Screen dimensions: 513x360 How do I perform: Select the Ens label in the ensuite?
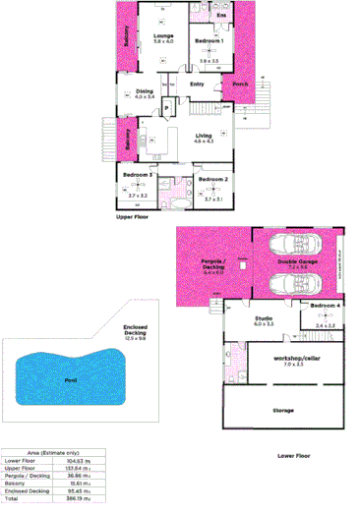[221, 17]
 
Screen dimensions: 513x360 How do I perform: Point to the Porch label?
[240, 85]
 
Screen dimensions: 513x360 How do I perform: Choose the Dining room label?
[145, 90]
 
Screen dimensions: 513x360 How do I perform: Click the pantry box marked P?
[167, 106]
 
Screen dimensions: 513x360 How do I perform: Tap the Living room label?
[204, 137]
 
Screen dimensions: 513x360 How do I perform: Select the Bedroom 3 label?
[136, 175]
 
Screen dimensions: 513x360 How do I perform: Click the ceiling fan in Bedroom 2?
[213, 193]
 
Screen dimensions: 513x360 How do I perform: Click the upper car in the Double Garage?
[289, 246]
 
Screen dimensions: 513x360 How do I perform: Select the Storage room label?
[283, 410]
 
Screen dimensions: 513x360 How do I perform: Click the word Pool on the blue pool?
[70, 377]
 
